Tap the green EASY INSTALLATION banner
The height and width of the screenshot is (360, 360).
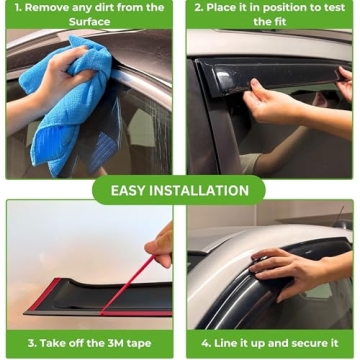coord(180,190)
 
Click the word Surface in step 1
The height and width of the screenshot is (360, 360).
coord(90,21)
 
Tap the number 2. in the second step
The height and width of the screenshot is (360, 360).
coord(200,8)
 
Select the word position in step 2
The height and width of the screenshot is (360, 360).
coord(282,8)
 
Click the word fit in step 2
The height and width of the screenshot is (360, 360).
coord(287,21)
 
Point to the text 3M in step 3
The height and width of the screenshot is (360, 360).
coord(112,343)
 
